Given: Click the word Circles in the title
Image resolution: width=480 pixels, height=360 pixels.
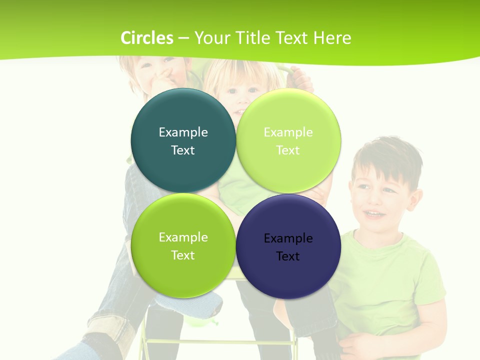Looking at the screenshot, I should point(147,38).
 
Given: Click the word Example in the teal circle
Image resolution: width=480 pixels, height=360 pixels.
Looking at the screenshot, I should point(183,132).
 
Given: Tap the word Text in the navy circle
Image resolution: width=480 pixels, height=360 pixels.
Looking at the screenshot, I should point(288,256).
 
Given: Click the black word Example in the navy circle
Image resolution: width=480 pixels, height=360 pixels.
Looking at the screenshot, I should point(288,238).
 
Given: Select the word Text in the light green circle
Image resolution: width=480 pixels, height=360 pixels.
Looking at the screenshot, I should point(288,150).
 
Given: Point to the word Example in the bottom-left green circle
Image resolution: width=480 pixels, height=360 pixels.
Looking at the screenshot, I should point(183,237).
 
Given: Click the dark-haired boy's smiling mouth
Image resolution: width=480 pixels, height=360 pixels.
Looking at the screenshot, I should point(373,214).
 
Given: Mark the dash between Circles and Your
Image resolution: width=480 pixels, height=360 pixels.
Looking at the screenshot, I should point(183,38).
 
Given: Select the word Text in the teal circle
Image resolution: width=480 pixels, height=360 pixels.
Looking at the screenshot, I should point(183,150).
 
